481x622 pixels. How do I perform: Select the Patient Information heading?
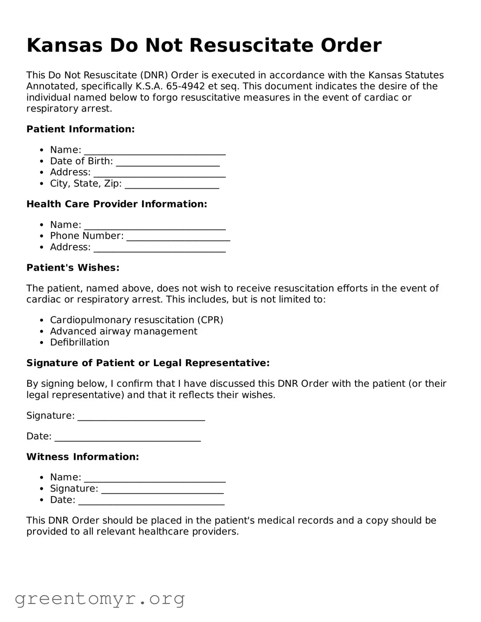(81, 130)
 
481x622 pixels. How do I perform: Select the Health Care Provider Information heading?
(117, 204)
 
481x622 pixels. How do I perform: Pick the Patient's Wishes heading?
(73, 268)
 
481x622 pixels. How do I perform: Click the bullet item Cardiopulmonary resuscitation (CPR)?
(136, 320)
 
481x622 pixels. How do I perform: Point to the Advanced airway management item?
(123, 331)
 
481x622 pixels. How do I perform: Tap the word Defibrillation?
(79, 342)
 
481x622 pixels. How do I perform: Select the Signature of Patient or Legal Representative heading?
(148, 363)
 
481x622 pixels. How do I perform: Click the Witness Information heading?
(83, 457)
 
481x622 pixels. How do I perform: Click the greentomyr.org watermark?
(100, 599)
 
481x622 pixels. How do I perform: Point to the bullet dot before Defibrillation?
(42, 343)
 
